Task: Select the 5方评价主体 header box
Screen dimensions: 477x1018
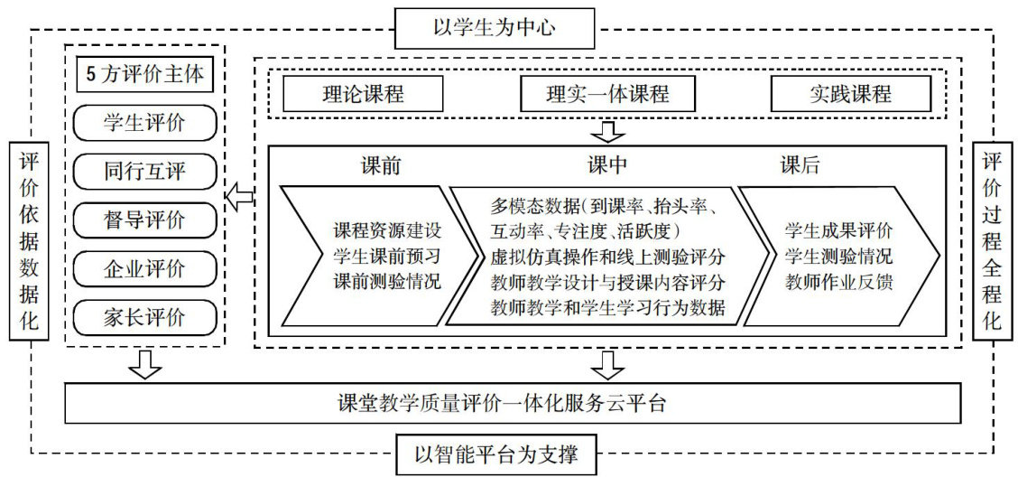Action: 144,76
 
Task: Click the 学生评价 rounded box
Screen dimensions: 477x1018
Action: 144,123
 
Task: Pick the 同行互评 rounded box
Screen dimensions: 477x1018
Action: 144,170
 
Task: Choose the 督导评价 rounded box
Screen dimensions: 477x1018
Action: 144,219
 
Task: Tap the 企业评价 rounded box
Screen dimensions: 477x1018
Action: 144,267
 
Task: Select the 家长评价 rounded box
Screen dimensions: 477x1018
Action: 144,316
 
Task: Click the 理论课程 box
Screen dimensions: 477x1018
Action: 363,94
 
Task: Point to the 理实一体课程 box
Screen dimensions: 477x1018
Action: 607,94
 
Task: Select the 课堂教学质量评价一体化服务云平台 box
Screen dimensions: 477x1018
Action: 513,402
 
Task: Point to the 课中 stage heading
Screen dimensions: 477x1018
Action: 606,166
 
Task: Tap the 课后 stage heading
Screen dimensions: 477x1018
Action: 800,166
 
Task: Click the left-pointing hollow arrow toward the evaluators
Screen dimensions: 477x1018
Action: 239,196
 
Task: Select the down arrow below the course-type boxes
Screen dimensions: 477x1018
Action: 610,131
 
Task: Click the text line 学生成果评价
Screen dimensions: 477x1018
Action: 838,229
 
